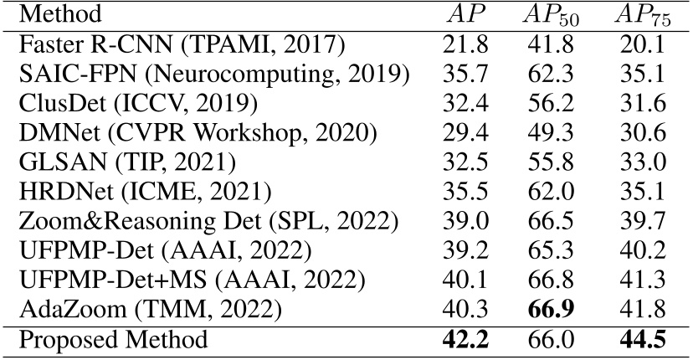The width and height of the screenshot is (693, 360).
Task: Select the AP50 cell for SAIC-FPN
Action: tap(554, 72)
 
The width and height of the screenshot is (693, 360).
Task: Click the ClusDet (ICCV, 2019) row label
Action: tap(137, 100)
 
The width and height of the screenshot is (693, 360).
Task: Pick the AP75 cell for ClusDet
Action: tap(640, 100)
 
